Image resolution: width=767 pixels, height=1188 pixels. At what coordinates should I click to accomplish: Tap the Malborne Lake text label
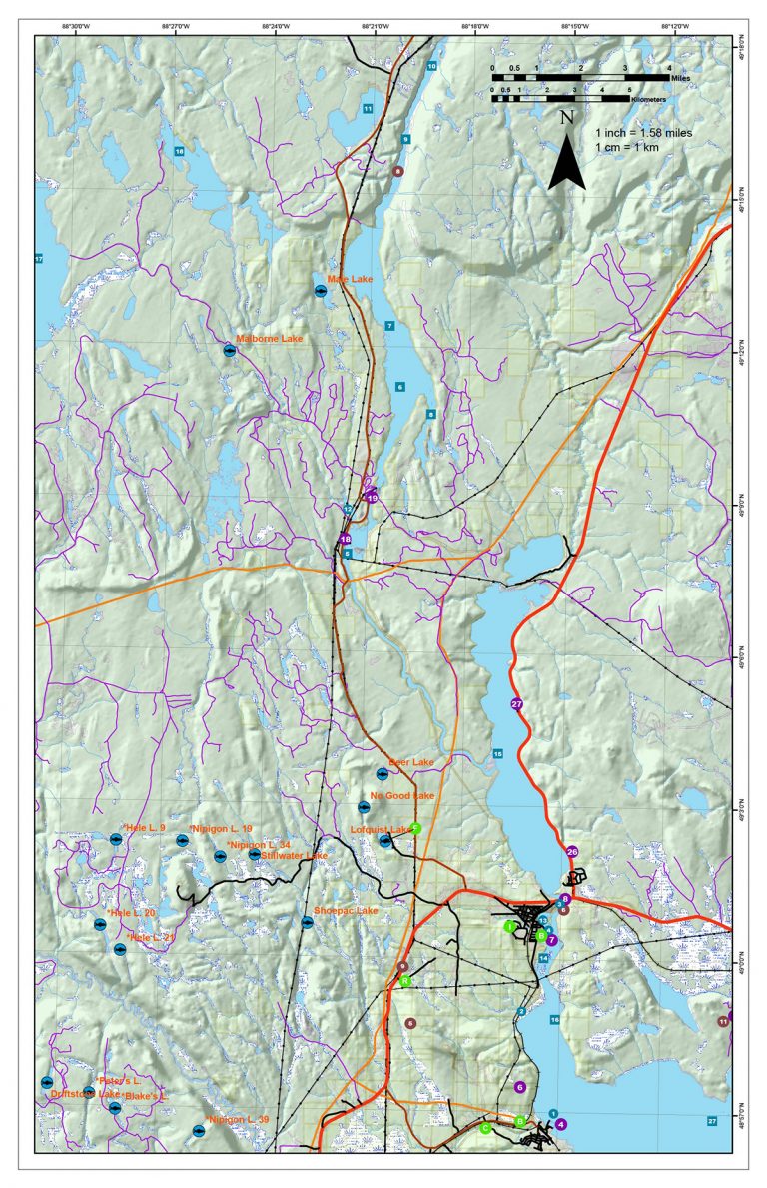coord(269,339)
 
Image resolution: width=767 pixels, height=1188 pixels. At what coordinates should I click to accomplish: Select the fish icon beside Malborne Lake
coord(229,351)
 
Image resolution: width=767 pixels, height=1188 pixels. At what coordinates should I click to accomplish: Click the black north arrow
coord(566,160)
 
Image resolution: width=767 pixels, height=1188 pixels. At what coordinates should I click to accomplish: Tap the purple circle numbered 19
coord(373,497)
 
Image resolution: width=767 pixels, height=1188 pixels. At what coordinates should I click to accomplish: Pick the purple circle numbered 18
coord(346,538)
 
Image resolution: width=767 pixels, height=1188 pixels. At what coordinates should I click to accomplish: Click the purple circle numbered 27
coord(516,704)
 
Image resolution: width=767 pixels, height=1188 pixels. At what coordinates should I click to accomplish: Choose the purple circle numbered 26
coord(572,852)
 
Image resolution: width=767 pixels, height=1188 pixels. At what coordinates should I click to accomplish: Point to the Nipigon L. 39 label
coord(237,1118)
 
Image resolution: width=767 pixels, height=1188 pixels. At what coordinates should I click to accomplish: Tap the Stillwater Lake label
coord(294,856)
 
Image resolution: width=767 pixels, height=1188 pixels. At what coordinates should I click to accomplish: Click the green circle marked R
coord(405,981)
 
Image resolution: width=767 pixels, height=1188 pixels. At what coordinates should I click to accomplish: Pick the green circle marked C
coord(485,1128)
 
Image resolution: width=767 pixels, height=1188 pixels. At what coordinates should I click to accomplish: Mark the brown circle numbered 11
coord(723,1021)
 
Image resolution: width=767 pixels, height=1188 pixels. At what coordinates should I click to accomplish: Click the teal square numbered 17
coord(40,259)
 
